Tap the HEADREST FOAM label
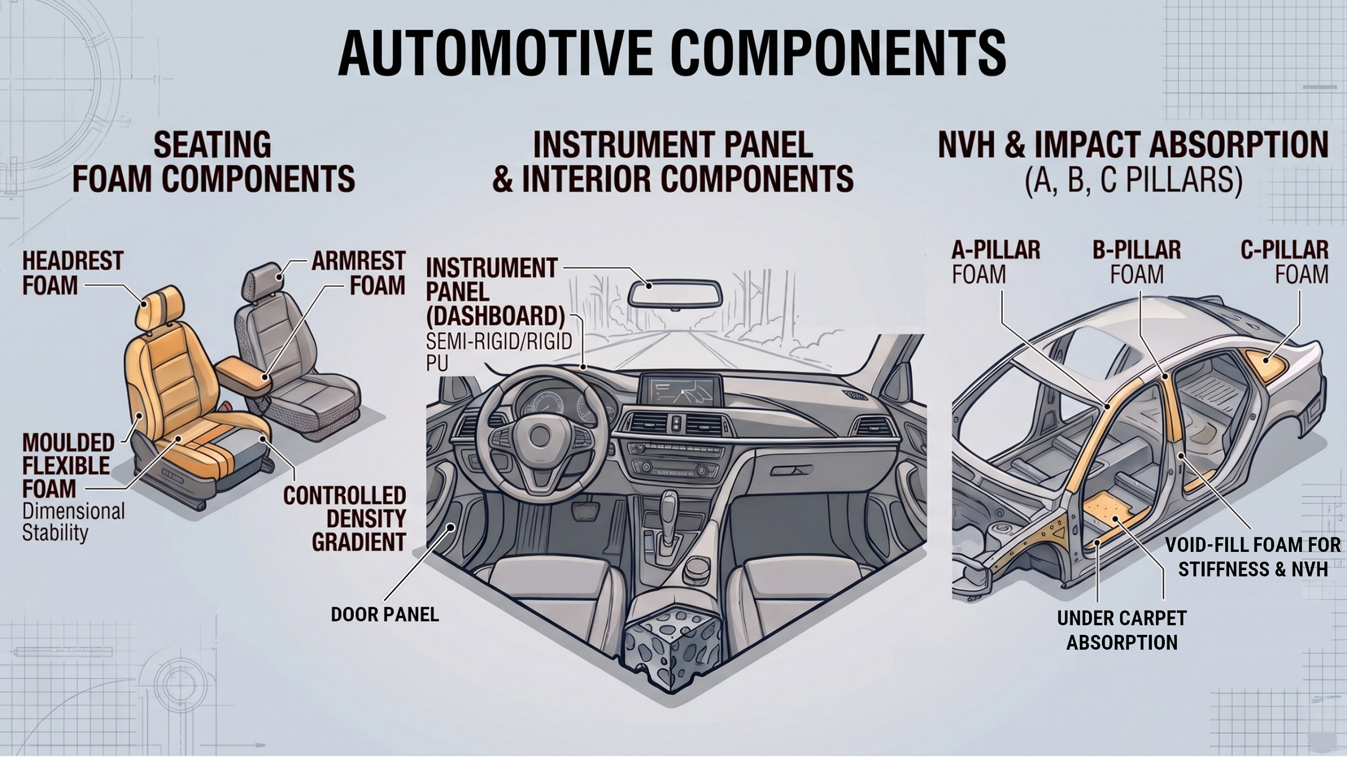(73, 273)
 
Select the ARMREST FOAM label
(358, 273)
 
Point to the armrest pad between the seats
(245, 375)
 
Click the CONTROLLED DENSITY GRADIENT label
(345, 518)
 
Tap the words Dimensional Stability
(73, 522)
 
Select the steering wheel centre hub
(539, 435)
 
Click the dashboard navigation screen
(681, 390)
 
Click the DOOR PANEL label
(385, 614)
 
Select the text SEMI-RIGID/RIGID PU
(499, 352)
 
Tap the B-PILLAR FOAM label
(1137, 262)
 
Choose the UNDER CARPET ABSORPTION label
(1122, 630)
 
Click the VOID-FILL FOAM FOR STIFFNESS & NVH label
(1253, 557)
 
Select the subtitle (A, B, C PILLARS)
(1134, 179)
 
